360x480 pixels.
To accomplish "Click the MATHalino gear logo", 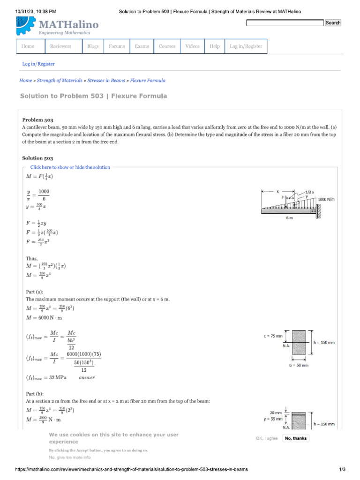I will point(25,26).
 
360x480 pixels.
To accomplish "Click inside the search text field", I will point(285,23).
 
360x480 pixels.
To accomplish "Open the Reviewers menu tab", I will point(61,46).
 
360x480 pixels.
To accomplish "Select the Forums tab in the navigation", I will point(117,46).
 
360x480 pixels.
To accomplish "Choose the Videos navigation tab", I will point(192,46).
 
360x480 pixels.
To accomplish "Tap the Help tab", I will point(215,46).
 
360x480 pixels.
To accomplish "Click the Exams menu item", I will point(142,46).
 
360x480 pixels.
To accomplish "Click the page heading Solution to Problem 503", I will point(93,96).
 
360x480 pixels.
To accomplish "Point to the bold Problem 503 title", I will point(37,120).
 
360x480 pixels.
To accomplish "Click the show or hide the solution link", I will point(70,167).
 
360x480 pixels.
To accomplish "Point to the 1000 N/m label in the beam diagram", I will point(327,199).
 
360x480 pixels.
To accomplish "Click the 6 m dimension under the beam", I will point(289,218).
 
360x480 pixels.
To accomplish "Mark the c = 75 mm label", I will point(273,336).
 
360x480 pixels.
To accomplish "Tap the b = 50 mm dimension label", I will point(299,364).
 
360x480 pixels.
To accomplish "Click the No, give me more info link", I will point(70,457).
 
